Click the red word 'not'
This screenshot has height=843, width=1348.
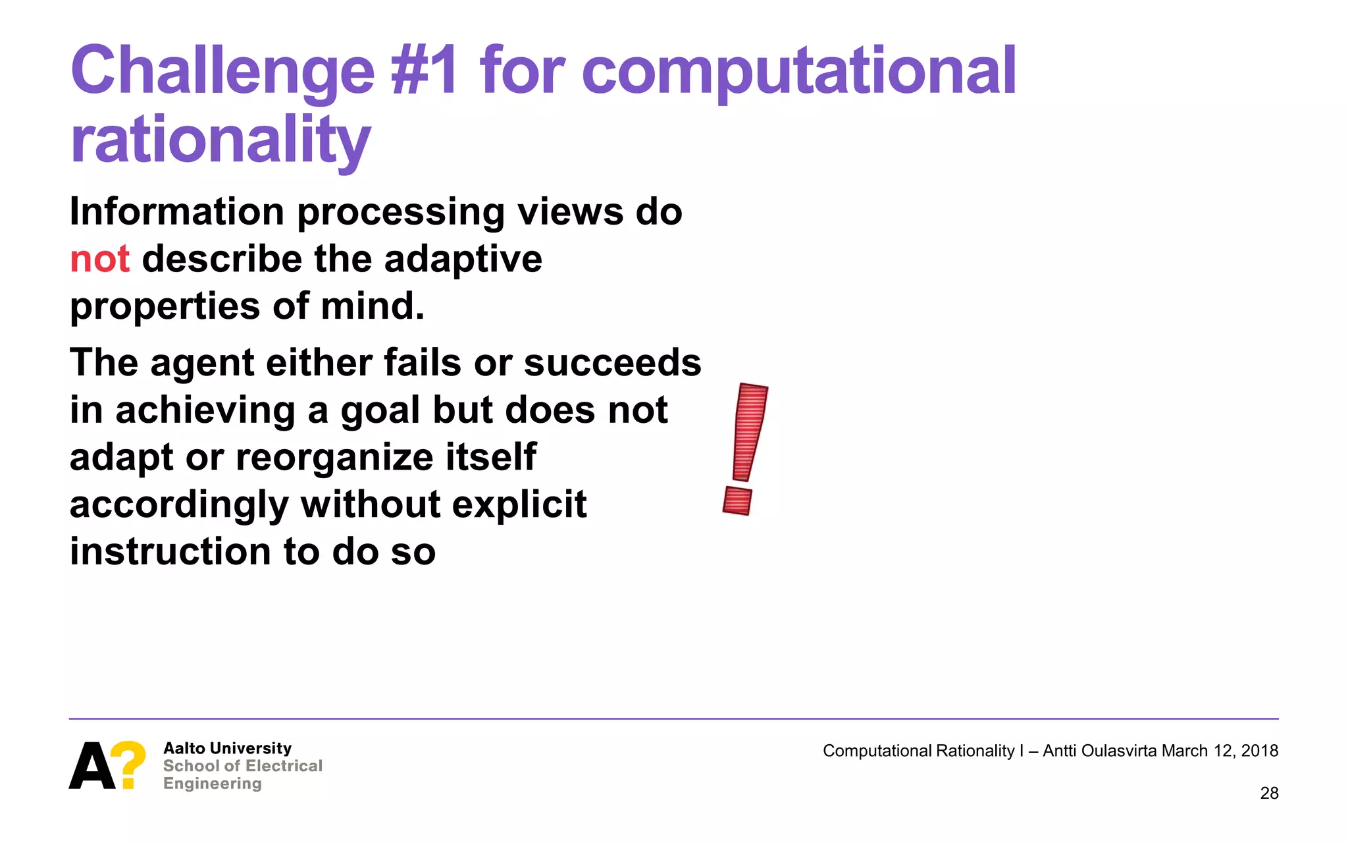point(99,259)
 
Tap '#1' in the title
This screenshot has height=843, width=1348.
point(425,71)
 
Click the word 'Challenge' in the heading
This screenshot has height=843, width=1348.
point(222,71)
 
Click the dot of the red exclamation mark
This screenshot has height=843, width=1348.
point(737,501)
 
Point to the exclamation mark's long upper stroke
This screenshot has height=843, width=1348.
point(750,431)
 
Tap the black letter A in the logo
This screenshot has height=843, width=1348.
point(91,766)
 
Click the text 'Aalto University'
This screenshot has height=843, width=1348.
point(227,748)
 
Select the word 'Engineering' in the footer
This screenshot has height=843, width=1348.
point(212,784)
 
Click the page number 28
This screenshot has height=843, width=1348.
point(1269,794)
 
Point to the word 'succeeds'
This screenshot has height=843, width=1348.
point(612,363)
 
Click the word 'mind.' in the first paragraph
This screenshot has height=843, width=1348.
point(372,306)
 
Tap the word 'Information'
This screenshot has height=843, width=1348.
point(176,212)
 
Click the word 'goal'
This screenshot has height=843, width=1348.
point(379,410)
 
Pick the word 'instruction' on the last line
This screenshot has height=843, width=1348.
point(170,552)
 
